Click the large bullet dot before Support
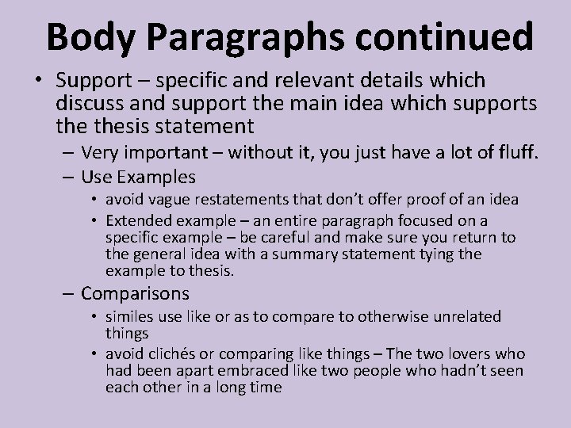39,82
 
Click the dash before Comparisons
68,294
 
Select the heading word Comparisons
135,294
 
